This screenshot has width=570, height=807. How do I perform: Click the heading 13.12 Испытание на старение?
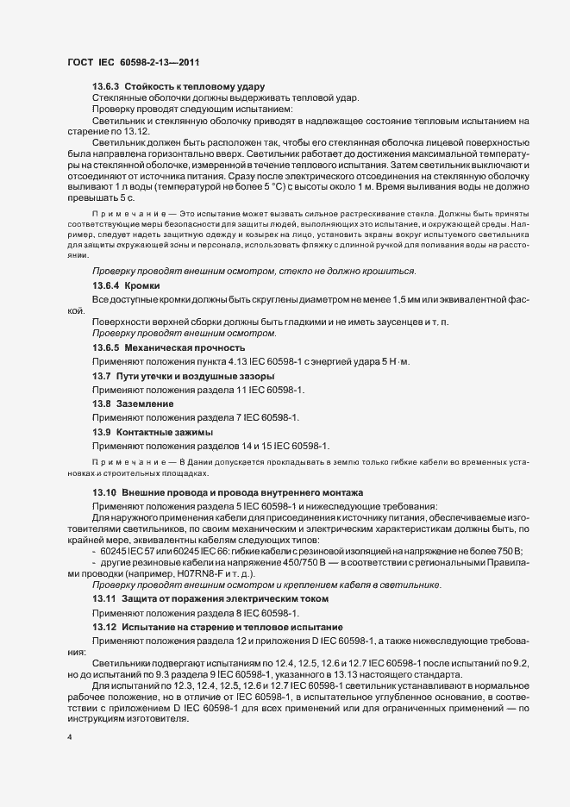tap(218, 625)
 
